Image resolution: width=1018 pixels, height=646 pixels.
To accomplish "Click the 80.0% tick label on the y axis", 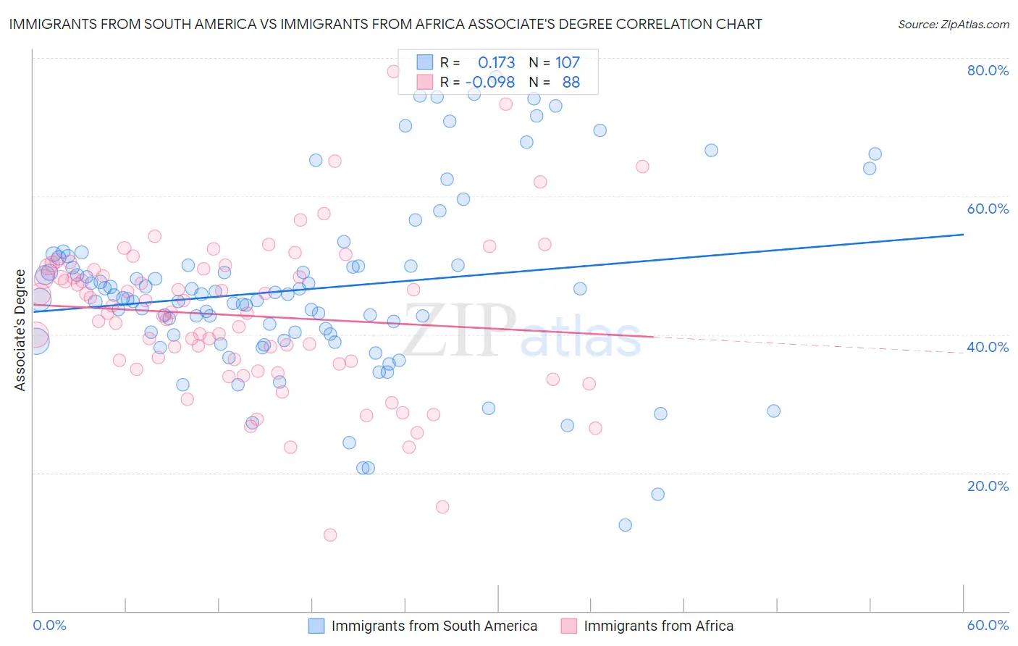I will [x=988, y=70].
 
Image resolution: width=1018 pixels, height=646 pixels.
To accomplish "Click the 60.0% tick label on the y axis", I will [x=988, y=209].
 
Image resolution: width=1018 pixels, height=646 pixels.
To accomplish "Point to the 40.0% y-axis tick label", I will [x=988, y=347].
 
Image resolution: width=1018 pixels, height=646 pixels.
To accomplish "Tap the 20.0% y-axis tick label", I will [x=988, y=485].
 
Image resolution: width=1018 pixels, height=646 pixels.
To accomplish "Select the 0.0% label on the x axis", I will [x=49, y=625].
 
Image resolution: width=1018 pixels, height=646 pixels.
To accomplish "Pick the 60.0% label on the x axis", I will [x=988, y=625].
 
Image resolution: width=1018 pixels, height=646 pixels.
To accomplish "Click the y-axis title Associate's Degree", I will [x=20, y=330].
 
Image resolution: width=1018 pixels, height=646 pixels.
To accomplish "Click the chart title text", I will [x=385, y=24].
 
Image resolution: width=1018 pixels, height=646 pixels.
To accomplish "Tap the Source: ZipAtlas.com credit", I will [x=953, y=24].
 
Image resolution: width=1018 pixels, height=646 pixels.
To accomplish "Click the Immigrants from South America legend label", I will [x=434, y=626].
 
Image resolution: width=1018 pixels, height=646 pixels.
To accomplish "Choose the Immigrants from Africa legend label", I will [x=658, y=626].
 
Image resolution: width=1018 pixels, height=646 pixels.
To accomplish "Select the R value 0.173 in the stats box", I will [x=496, y=62].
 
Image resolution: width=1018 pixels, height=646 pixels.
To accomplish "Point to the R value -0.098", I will [x=490, y=83].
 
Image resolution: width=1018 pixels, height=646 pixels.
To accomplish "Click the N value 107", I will [x=568, y=62].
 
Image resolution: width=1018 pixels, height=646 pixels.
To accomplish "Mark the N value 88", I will [x=571, y=83].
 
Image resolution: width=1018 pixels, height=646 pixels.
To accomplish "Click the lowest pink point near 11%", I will [x=330, y=535].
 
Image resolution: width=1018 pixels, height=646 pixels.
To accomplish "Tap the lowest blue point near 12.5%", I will [x=626, y=525].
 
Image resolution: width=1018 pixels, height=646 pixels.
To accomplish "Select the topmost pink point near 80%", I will [x=393, y=71].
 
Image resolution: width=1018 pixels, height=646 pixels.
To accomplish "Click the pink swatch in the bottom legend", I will [x=568, y=626].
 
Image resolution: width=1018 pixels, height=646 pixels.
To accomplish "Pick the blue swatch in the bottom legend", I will [x=316, y=626].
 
